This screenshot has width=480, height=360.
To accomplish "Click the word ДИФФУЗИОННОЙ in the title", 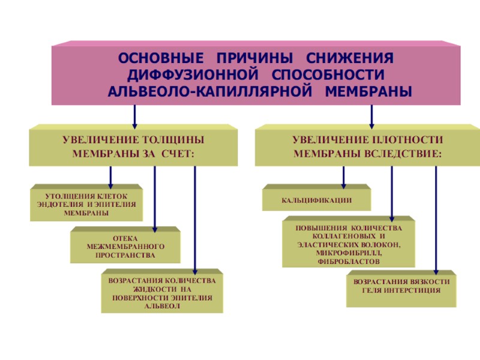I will (x=187, y=76).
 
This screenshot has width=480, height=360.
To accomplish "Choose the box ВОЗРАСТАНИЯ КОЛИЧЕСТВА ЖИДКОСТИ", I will (x=161, y=293).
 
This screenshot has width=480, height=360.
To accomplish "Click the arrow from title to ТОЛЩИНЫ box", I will (x=134, y=114).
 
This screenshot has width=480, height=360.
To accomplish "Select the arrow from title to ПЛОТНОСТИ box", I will (x=372, y=114).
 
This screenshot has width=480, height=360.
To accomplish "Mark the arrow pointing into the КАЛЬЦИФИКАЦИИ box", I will (x=344, y=176).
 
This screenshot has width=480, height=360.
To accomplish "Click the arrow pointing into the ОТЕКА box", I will (x=155, y=198).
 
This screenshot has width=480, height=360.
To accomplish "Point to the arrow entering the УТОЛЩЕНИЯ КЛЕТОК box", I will (x=110, y=176).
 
